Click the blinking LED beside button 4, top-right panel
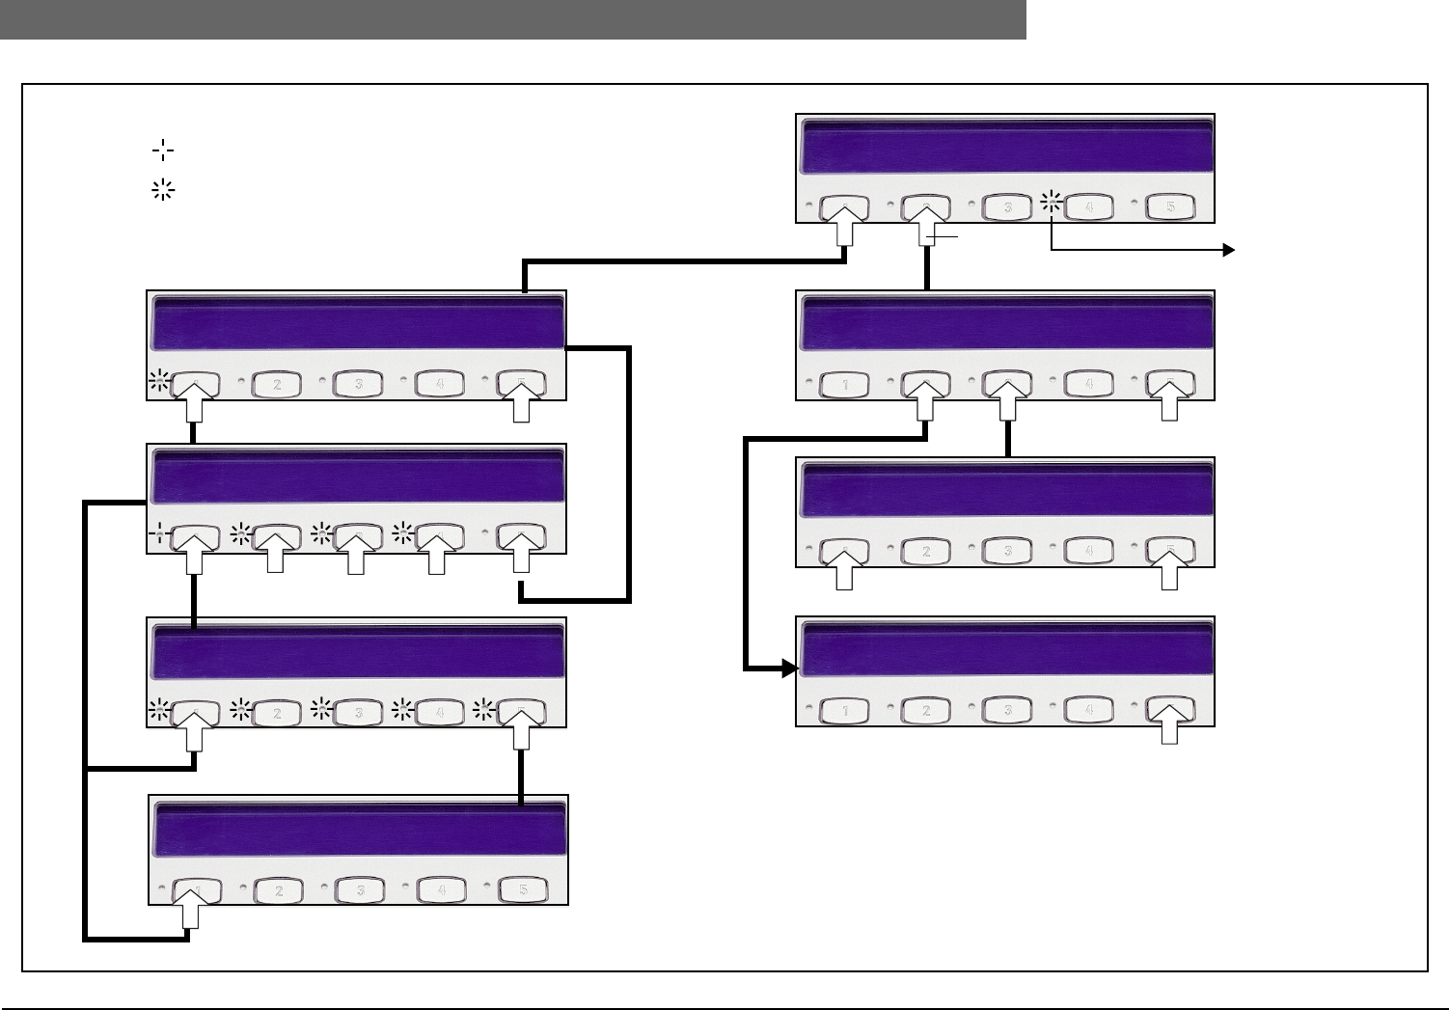[1052, 203]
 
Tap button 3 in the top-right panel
[1006, 206]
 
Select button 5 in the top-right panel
[1169, 206]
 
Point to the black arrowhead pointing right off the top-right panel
[1229, 250]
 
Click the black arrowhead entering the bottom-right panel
[790, 668]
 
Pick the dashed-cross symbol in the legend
[162, 150]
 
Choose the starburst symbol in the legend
[162, 190]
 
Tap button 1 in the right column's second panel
[845, 384]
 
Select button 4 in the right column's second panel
[1088, 384]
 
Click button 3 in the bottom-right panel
[1007, 711]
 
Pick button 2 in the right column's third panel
[926, 551]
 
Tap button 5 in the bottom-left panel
[523, 889]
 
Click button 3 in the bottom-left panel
[360, 889]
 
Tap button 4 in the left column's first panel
[439, 384]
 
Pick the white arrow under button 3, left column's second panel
[356, 555]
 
